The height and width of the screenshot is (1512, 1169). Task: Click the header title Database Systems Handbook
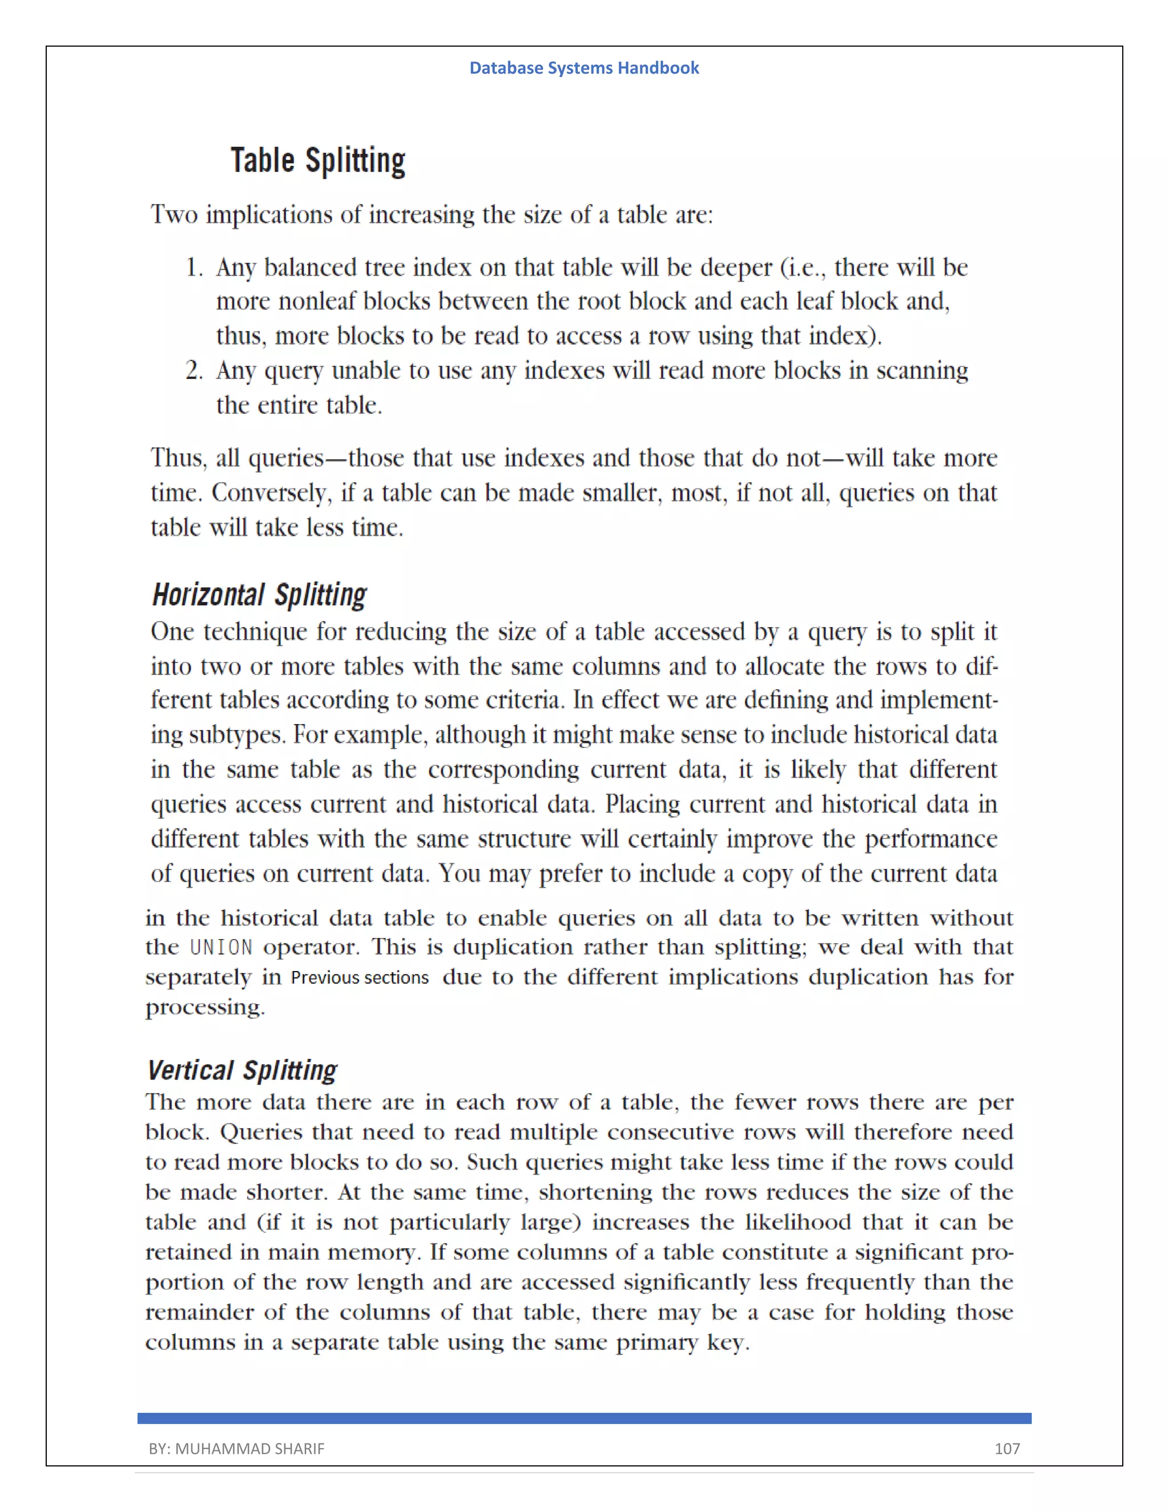[584, 68]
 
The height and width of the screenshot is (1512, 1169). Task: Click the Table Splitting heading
[318, 161]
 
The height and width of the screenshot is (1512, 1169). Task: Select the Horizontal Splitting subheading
[259, 595]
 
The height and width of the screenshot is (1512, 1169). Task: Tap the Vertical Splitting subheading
[243, 1070]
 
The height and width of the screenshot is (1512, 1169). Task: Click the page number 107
[1007, 1448]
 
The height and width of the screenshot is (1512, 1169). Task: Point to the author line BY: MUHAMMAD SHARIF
[236, 1448]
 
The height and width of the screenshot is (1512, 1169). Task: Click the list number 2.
[194, 371]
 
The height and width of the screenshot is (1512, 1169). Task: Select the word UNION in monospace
[221, 947]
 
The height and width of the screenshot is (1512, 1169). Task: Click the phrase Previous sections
[360, 977]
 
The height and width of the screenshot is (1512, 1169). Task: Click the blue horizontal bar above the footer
[584, 1418]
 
